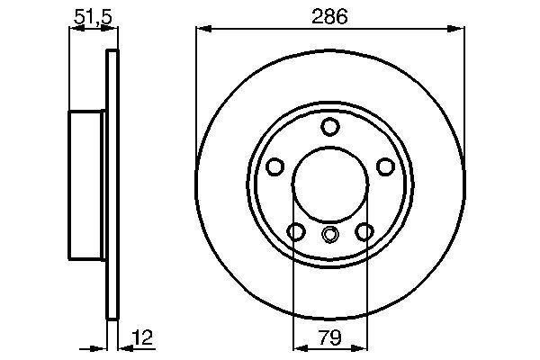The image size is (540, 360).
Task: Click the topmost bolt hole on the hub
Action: pos(329,126)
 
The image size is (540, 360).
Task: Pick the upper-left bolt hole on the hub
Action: pos(275,166)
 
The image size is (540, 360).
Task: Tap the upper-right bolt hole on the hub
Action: pos(384,166)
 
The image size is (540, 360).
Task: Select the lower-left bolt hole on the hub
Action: pos(295,232)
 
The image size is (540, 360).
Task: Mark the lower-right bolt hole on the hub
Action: pos(364,232)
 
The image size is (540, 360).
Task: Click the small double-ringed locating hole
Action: pos(329,236)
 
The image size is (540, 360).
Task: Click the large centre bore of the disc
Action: pos(329,184)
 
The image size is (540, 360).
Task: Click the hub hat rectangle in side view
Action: pos(88,184)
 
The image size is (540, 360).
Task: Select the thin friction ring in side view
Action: pos(112,184)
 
